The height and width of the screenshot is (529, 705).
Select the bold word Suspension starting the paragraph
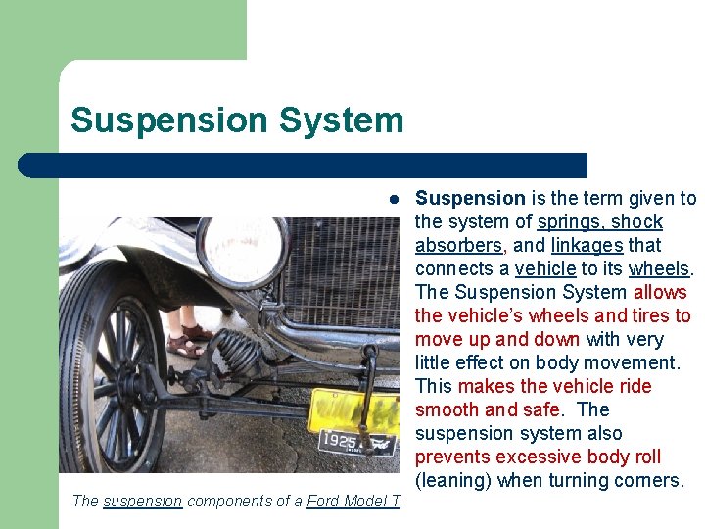click(470, 199)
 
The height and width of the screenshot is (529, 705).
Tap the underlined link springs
click(570, 222)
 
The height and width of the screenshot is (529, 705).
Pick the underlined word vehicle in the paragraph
click(544, 269)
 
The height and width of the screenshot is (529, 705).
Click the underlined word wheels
click(659, 269)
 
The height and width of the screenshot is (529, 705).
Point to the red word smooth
click(446, 410)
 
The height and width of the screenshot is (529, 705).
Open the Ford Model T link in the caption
click(353, 502)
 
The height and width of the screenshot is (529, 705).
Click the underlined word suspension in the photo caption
click(142, 502)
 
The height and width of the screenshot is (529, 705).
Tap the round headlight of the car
click(242, 252)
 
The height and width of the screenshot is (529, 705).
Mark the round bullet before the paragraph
click(391, 199)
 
